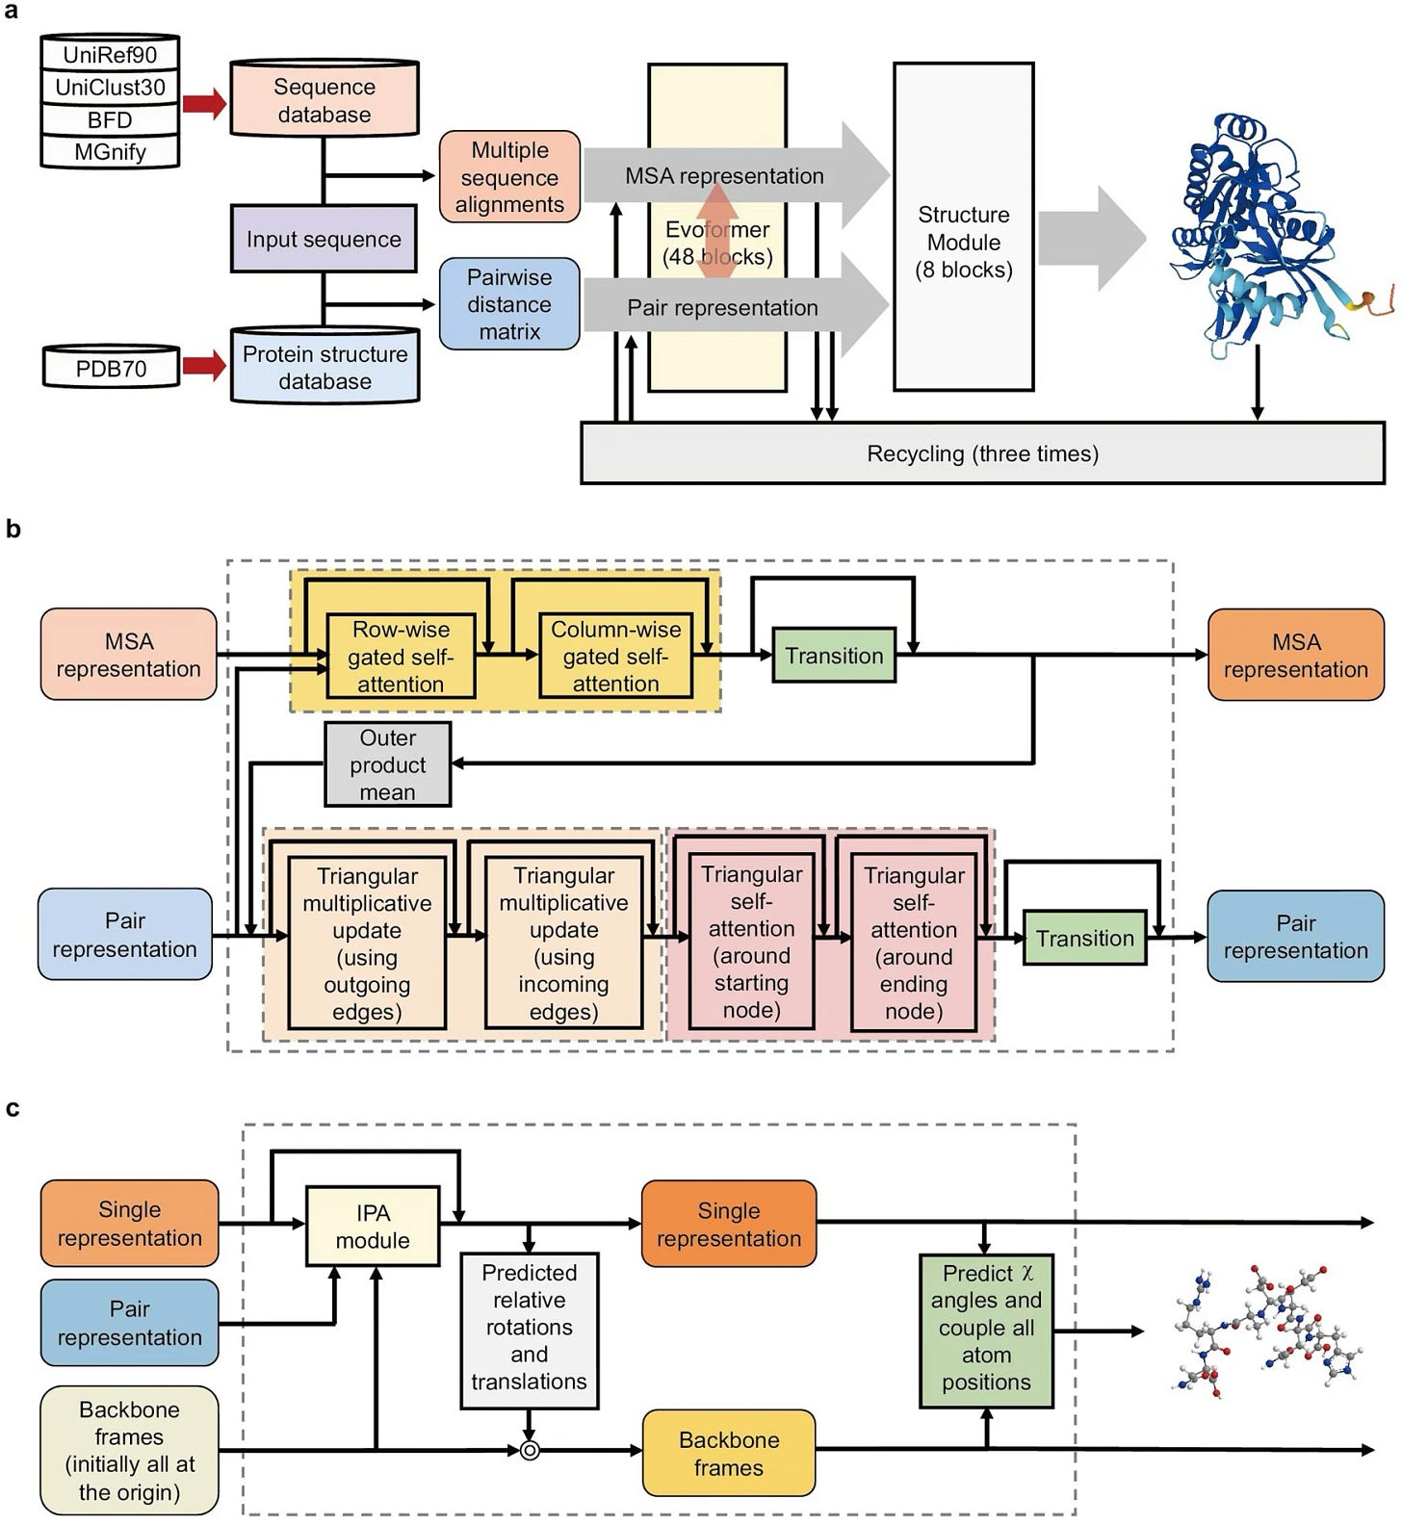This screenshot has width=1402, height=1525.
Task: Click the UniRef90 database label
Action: [110, 54]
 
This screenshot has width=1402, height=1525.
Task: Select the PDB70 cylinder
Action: [111, 367]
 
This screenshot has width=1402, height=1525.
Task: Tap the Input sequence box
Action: [324, 239]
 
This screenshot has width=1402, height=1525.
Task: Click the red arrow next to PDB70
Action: [203, 366]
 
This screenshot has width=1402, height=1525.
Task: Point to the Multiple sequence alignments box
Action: [509, 177]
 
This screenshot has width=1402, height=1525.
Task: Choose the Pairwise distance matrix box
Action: [509, 304]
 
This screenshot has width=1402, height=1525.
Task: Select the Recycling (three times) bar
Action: [982, 452]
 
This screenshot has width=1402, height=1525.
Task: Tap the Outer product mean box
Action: [387, 764]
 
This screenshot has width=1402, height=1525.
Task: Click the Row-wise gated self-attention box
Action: [401, 657]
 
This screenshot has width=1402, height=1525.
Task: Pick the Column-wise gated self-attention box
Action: [615, 657]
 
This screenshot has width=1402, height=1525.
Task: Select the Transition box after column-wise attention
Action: [834, 656]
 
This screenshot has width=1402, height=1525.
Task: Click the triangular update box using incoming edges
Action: [563, 943]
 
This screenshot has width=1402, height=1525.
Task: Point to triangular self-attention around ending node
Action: [914, 943]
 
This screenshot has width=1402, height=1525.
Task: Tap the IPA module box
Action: [373, 1227]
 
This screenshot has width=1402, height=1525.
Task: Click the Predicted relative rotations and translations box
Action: [529, 1327]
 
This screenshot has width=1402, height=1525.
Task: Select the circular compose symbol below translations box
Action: [529, 1450]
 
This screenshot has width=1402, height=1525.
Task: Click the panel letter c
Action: [13, 1108]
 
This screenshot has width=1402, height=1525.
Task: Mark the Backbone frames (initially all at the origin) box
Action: [129, 1450]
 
